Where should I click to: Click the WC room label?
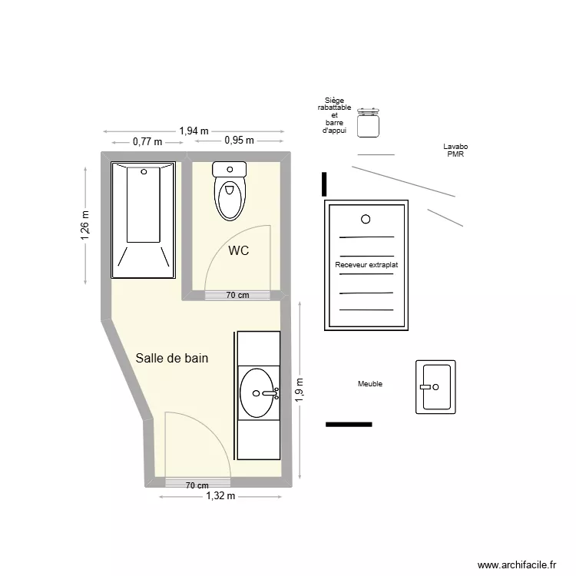(x=238, y=250)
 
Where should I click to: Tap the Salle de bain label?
(x=172, y=358)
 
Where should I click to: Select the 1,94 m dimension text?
(x=194, y=131)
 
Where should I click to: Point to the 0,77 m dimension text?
(x=147, y=142)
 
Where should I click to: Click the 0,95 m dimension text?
(x=239, y=141)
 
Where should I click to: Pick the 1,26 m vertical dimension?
(x=84, y=225)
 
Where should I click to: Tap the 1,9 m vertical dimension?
(x=300, y=389)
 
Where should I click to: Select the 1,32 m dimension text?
(x=220, y=496)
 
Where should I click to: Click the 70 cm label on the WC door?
(x=237, y=295)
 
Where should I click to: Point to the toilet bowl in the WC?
(x=230, y=198)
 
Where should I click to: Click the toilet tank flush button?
(x=230, y=170)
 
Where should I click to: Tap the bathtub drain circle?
(x=144, y=171)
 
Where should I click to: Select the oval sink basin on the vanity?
(x=257, y=393)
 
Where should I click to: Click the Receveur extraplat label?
(x=366, y=265)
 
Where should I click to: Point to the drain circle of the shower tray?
(x=366, y=220)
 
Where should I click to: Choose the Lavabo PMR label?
(x=455, y=151)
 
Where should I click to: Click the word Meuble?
(x=370, y=384)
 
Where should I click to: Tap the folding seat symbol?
(x=368, y=123)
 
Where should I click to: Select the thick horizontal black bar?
(x=349, y=425)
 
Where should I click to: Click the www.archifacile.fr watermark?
(x=517, y=564)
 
